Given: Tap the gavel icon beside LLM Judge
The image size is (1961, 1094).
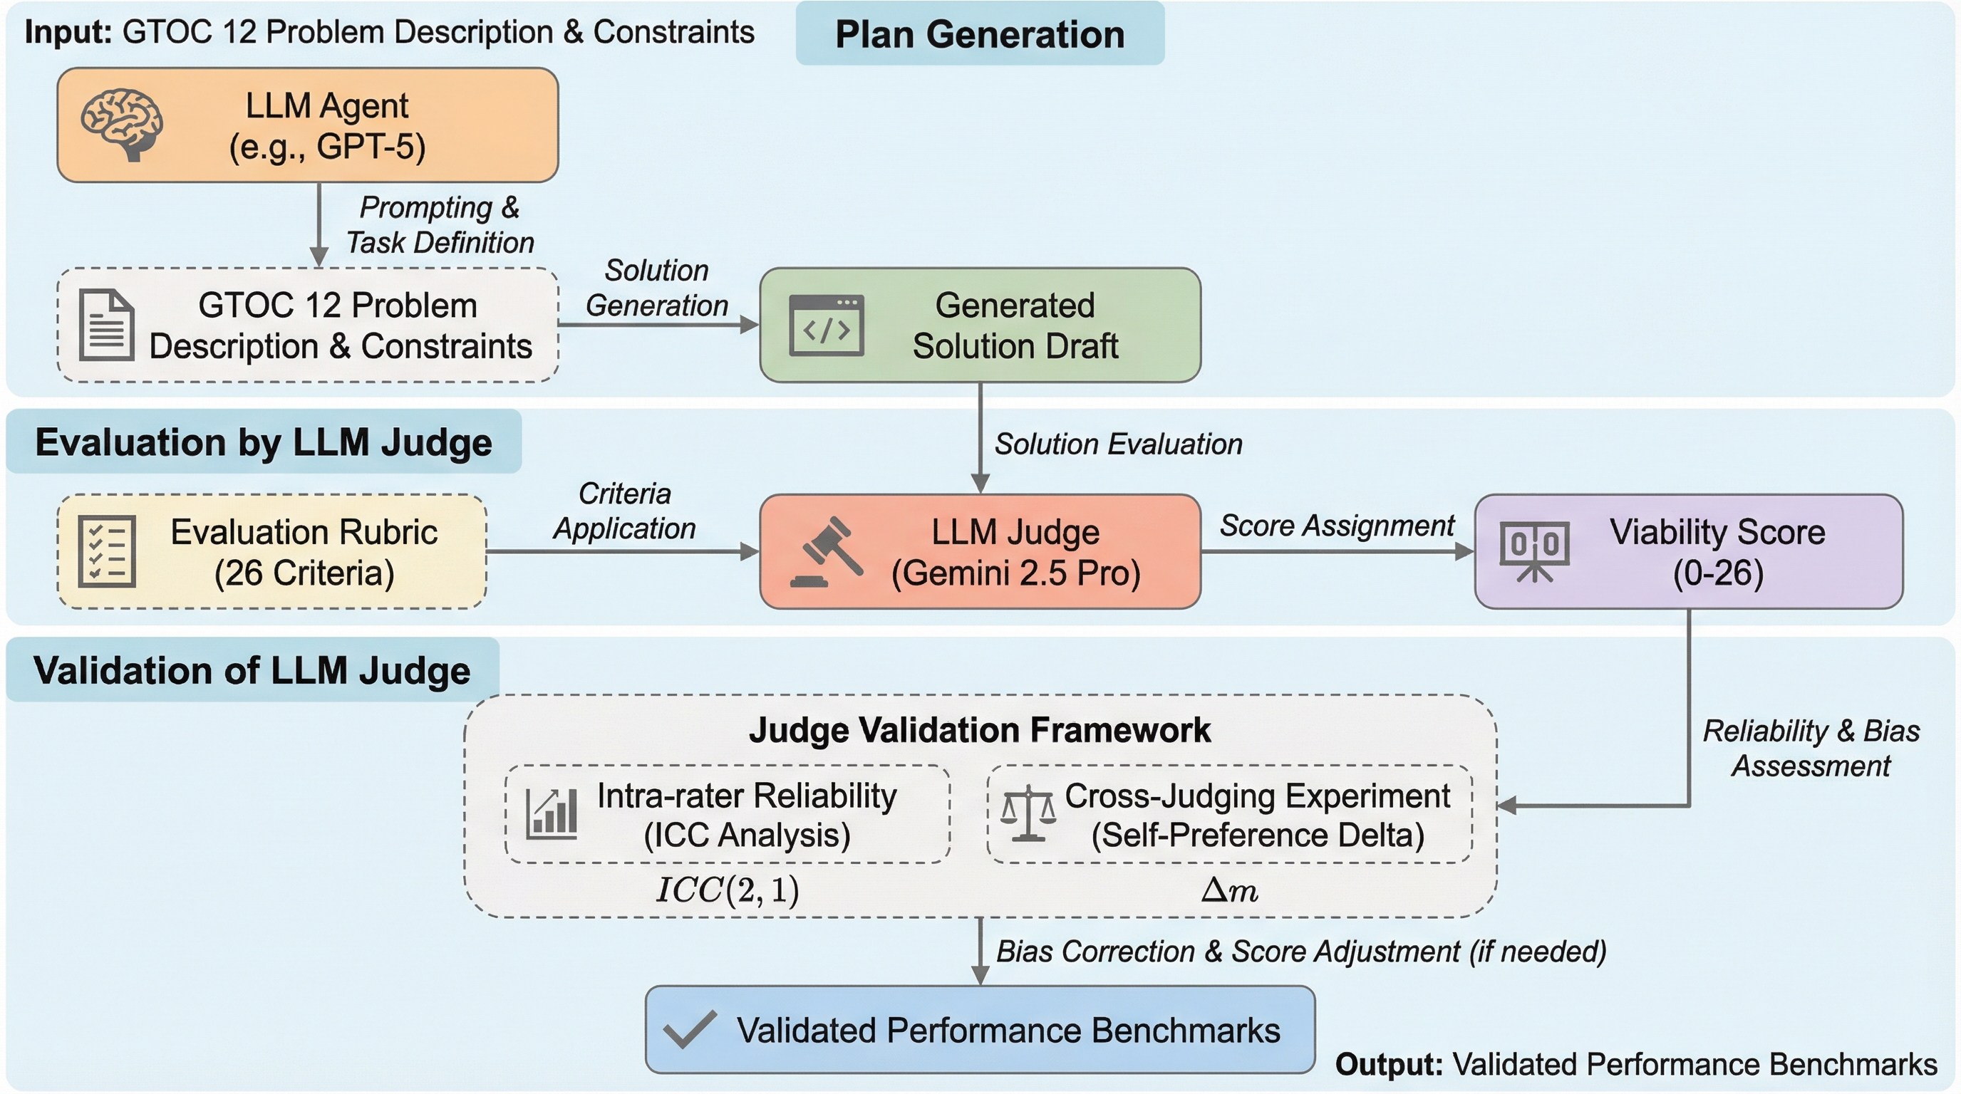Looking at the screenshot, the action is point(826,552).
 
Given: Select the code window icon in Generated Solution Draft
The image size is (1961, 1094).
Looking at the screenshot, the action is point(827,325).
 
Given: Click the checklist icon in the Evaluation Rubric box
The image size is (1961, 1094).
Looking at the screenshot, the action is point(108,551).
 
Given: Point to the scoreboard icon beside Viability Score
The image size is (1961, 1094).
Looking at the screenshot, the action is point(1534,551).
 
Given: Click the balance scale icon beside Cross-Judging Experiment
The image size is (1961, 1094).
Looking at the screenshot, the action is point(1028,813).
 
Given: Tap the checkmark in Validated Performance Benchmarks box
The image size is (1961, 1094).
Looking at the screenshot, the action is point(690,1029).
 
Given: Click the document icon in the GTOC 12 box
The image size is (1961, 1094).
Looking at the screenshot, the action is point(108,325).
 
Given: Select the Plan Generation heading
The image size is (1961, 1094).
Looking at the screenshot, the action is point(980,34).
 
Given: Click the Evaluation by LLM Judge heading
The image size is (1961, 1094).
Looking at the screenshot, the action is point(264,442).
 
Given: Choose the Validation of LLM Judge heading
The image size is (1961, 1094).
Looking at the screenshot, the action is point(252,670).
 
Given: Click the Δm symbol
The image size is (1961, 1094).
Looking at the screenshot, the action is point(1228,890).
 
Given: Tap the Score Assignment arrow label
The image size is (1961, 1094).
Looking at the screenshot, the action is point(1337,526).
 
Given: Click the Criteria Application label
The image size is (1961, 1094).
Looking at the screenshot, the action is point(624,511).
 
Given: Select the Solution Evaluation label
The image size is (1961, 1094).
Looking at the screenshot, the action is point(1118,444).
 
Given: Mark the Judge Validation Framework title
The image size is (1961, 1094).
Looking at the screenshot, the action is point(980,729).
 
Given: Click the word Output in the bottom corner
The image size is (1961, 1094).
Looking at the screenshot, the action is point(1390,1064).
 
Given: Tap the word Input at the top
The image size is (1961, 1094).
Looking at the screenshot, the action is point(68,33).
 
